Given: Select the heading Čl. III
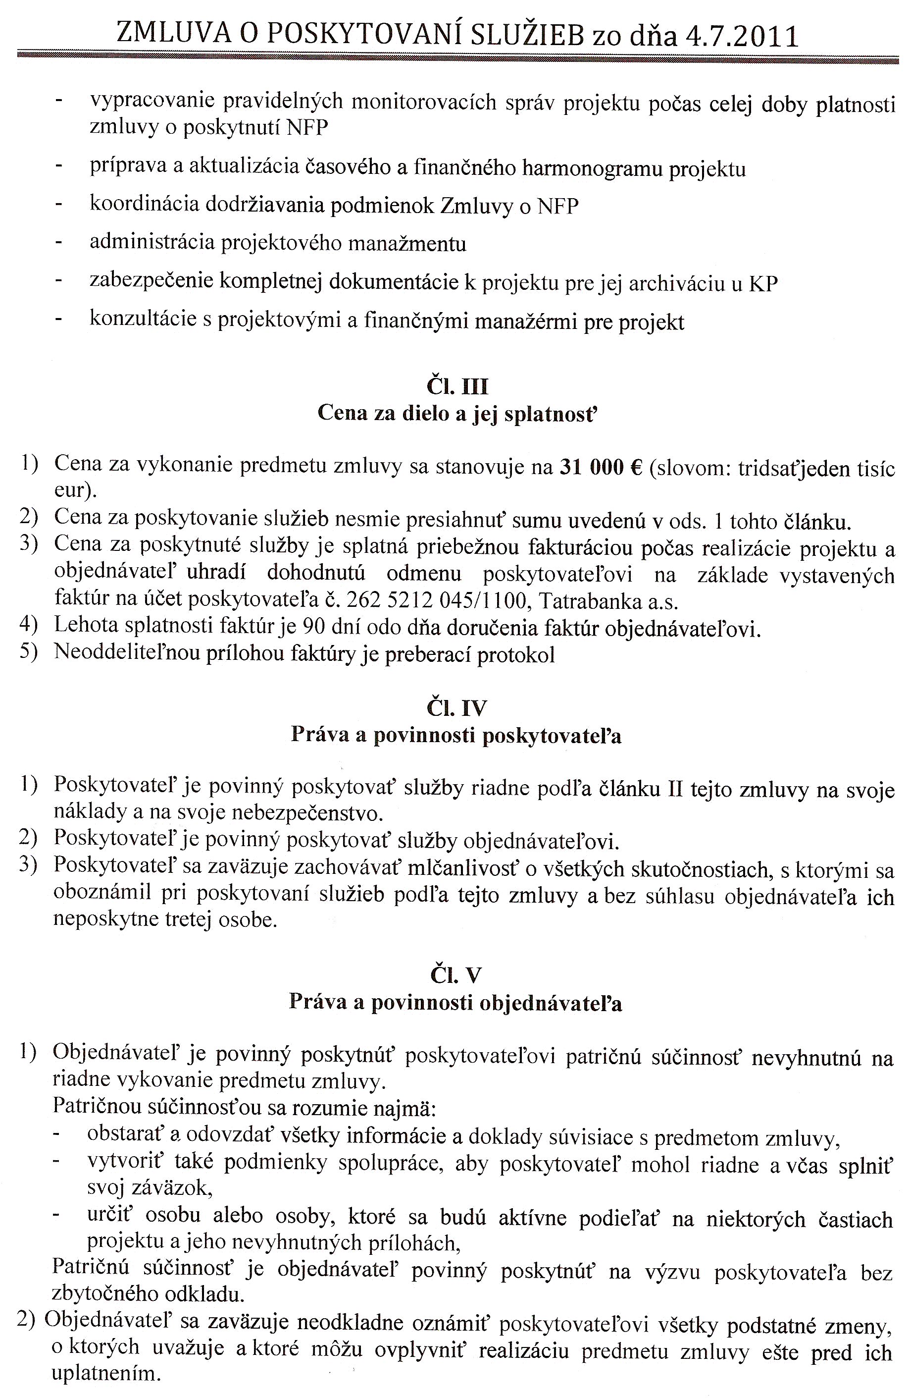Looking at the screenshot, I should [x=457, y=387].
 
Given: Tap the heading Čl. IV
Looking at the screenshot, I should [x=457, y=708].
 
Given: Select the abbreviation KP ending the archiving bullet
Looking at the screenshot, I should [x=764, y=284].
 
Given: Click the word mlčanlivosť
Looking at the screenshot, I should [x=464, y=870].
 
